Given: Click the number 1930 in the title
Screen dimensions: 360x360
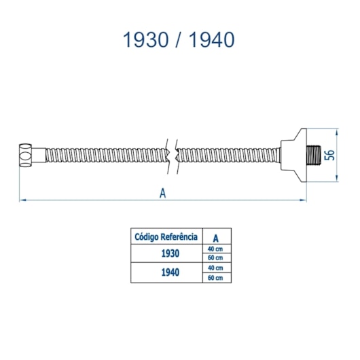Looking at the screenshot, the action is (x=146, y=39).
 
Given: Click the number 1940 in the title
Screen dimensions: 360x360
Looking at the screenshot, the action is (x=211, y=39).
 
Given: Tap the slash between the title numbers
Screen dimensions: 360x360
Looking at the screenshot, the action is (x=179, y=39).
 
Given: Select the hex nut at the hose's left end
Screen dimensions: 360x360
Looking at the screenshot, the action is (x=25, y=156).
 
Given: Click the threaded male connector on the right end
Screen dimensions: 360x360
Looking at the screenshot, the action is (x=314, y=155).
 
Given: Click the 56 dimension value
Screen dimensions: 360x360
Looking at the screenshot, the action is (x=329, y=155).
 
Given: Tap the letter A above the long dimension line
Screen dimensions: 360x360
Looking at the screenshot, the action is (x=162, y=193).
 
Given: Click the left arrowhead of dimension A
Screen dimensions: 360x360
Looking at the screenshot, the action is (x=22, y=200).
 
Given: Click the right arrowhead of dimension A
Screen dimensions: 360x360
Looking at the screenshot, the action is (x=304, y=200).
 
